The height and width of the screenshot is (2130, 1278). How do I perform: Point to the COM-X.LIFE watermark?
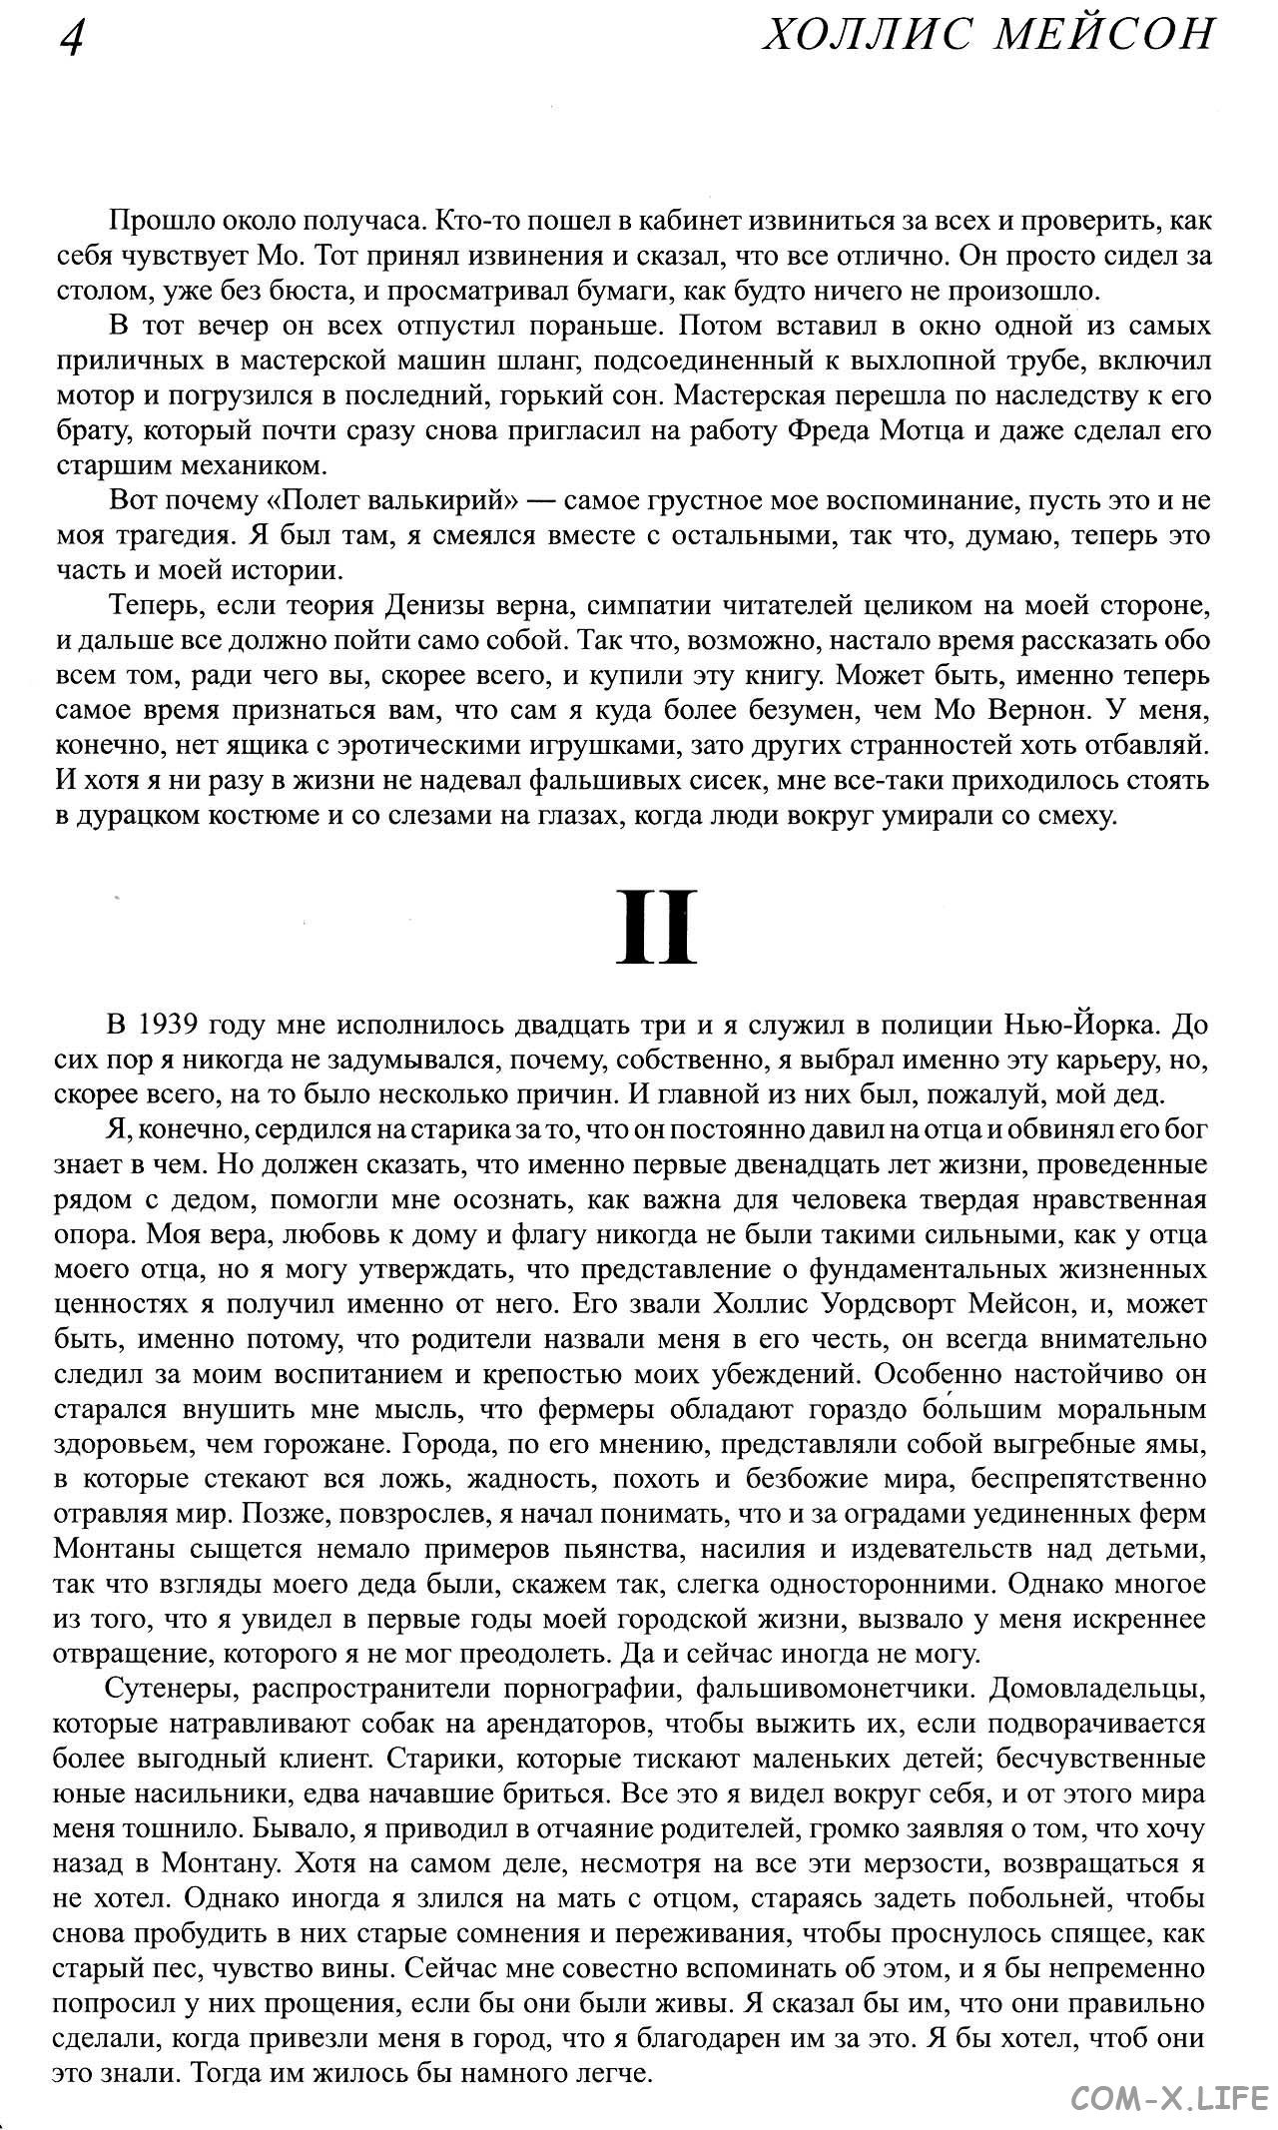1168,2100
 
